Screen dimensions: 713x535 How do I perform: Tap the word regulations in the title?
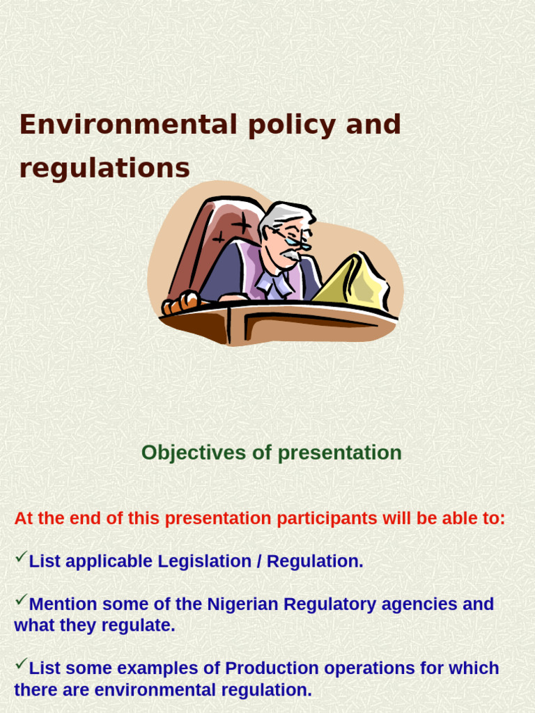[104, 169]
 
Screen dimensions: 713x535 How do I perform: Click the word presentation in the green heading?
[339, 453]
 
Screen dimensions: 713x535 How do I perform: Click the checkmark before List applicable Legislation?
[20, 557]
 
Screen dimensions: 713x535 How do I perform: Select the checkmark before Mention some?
[20, 600]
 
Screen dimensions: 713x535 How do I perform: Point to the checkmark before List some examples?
[20, 664]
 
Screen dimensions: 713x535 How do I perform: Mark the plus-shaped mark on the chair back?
[241, 224]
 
